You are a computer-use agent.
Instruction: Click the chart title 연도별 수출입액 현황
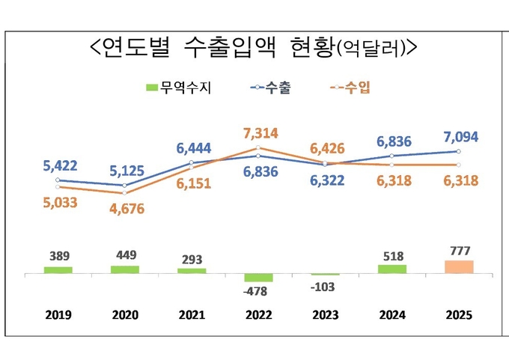(252, 48)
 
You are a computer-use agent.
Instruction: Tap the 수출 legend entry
(270, 88)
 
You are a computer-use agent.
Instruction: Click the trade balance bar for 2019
(58, 269)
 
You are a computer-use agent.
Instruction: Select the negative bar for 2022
(258, 278)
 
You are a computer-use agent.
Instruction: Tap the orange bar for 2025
(459, 266)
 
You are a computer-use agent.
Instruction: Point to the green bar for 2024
(392, 269)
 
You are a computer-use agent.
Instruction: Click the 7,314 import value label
(260, 134)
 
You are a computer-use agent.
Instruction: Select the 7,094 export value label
(460, 137)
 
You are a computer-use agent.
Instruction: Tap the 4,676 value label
(124, 209)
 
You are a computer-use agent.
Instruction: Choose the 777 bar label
(458, 249)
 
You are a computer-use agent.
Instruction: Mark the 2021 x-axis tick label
(192, 315)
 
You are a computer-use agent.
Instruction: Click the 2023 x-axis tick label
(325, 315)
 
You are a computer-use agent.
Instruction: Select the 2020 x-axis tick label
(125, 315)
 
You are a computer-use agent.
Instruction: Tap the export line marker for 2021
(192, 162)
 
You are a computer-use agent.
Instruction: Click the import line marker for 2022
(258, 148)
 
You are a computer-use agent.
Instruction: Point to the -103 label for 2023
(325, 287)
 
